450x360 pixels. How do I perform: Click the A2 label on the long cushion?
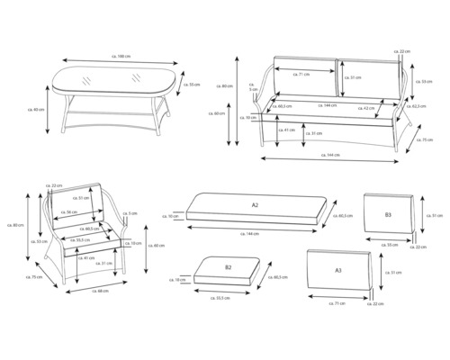pyautogui.click(x=256, y=205)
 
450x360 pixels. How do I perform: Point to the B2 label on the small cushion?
pyautogui.click(x=228, y=267)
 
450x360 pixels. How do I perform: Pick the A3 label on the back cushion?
pyautogui.click(x=337, y=269)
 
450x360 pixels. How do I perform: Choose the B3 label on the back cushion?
pyautogui.click(x=387, y=215)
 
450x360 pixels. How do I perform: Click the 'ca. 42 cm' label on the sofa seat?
pyautogui.click(x=367, y=107)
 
